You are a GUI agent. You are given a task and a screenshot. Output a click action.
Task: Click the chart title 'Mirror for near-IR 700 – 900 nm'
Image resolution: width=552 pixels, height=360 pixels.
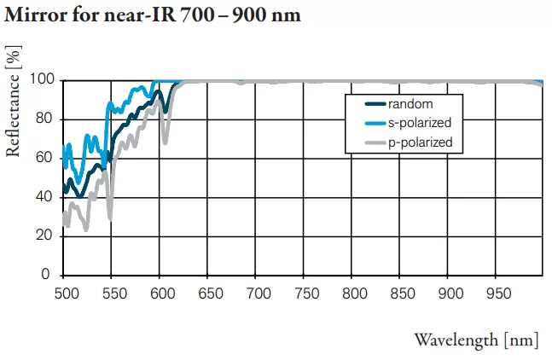pyautogui.click(x=153, y=16)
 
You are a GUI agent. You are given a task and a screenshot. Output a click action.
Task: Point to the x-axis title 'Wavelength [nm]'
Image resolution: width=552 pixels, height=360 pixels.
pyautogui.click(x=476, y=340)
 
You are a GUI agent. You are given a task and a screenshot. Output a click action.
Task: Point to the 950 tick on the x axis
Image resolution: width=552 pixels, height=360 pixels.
pyautogui.click(x=496, y=293)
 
